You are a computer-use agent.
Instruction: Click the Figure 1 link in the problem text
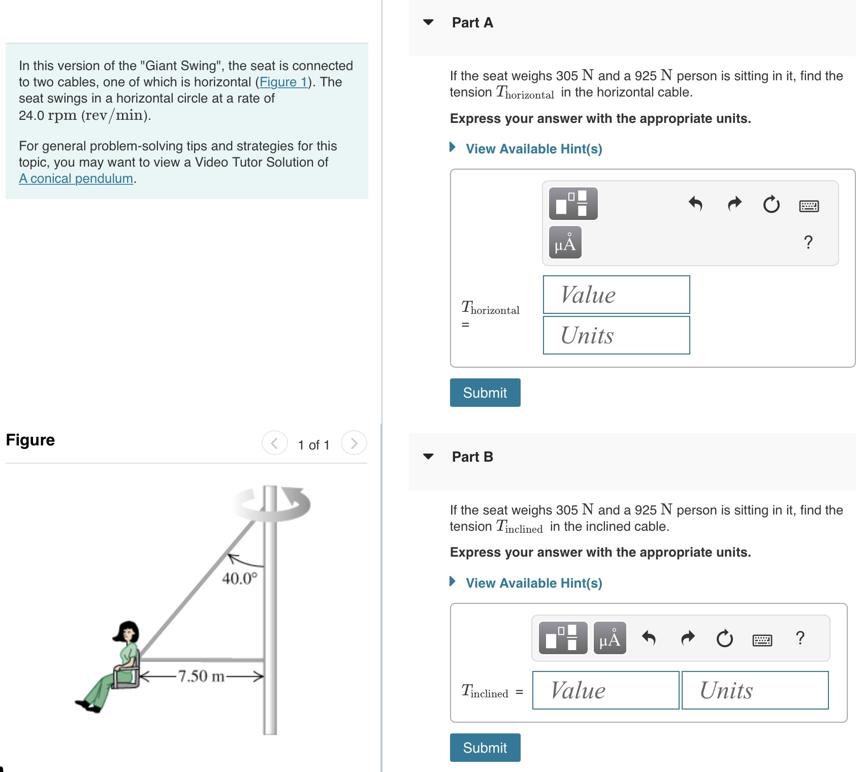point(283,82)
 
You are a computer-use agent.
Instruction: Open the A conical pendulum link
point(76,178)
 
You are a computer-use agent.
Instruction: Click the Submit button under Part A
point(485,393)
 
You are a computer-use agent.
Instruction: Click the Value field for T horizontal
point(616,295)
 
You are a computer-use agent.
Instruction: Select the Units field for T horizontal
point(616,335)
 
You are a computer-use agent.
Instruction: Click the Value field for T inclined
point(605,690)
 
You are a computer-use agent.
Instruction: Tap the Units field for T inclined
point(755,690)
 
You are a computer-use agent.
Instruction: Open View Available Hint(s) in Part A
point(533,149)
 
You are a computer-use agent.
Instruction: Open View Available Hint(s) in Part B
point(533,583)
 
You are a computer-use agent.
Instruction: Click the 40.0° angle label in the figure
point(239,578)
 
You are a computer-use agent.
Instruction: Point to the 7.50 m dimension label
point(201,676)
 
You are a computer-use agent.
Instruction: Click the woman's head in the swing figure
point(127,632)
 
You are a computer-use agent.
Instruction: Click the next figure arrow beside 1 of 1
point(354,443)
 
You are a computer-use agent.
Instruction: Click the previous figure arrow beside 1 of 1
point(274,443)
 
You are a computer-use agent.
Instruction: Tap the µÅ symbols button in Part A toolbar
point(565,243)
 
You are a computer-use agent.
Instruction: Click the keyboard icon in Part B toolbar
point(762,639)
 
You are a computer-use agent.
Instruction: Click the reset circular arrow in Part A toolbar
point(771,205)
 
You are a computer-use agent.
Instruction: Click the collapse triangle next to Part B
point(428,456)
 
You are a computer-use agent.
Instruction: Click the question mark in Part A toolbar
point(808,242)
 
